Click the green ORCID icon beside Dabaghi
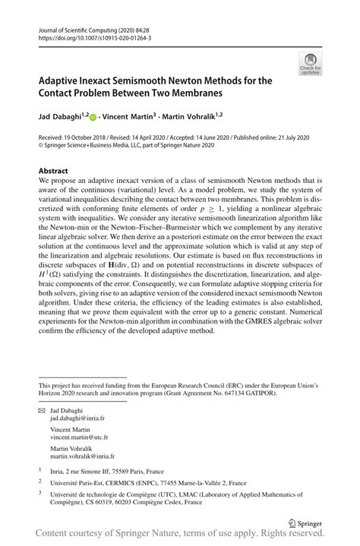click(93, 118)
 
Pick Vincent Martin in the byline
click(130, 118)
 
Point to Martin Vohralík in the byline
click(193, 118)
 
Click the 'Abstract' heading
click(53, 171)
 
